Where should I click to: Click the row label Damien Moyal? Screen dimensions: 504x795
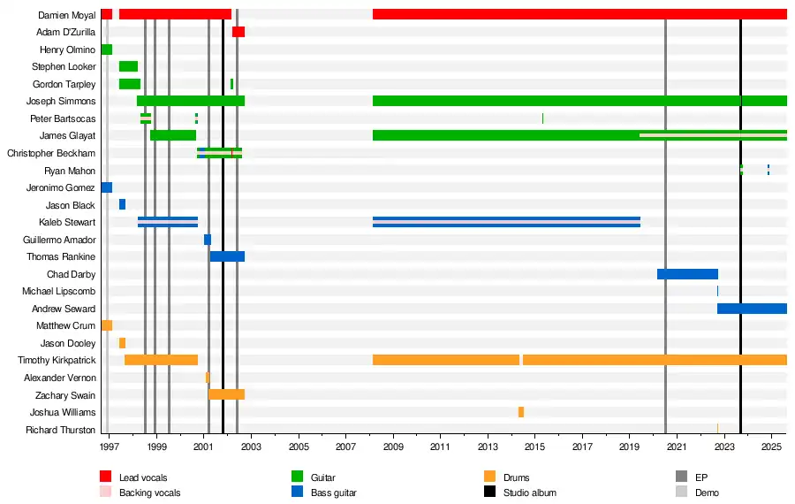tap(67, 15)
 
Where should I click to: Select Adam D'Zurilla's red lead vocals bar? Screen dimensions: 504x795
tap(238, 32)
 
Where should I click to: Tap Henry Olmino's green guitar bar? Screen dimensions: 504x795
tap(107, 50)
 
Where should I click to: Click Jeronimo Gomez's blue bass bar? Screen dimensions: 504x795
tap(107, 187)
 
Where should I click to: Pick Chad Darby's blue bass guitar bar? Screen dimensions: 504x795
tap(687, 274)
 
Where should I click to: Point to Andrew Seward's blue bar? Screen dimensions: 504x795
tap(752, 309)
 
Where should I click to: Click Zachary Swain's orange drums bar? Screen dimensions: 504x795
tap(226, 394)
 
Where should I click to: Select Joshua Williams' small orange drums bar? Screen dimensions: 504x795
tap(521, 412)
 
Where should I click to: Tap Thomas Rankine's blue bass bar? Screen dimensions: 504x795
tap(227, 256)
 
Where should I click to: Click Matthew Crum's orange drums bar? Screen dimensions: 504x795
tap(107, 325)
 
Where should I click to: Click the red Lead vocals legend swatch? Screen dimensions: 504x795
tap(106, 477)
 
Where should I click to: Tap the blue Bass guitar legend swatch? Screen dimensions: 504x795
tap(298, 493)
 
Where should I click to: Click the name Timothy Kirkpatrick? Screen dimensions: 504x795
tap(57, 360)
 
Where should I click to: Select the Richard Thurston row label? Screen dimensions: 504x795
tap(61, 430)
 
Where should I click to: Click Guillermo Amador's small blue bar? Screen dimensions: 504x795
tap(208, 240)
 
